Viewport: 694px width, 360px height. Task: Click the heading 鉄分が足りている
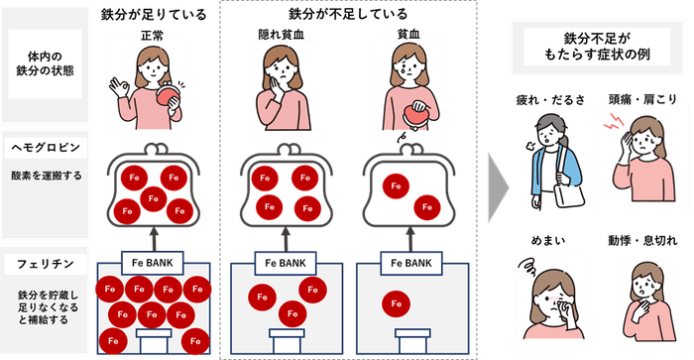pyautogui.click(x=154, y=14)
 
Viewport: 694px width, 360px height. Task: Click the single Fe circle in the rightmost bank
pyautogui.click(x=396, y=300)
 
